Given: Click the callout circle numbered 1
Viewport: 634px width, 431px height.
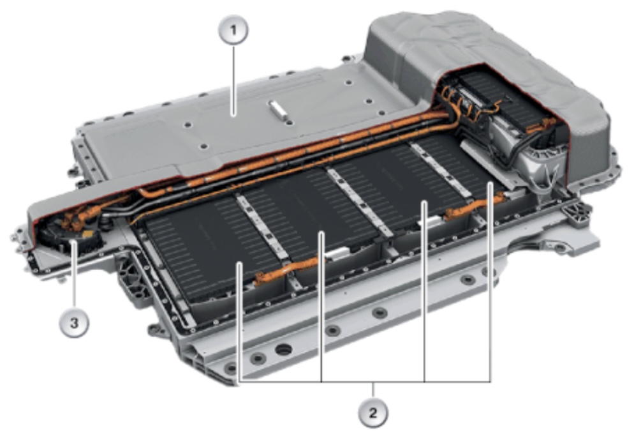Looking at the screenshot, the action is click(x=233, y=29).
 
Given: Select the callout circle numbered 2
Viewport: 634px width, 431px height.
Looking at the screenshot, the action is click(x=372, y=412).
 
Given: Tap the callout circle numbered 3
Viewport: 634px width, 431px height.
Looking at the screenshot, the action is click(x=75, y=323).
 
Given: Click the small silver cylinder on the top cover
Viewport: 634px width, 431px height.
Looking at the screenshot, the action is click(x=278, y=109).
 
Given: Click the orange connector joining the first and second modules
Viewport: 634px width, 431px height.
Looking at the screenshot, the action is click(x=290, y=269).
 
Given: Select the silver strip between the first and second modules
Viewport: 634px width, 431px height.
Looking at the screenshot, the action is click(x=263, y=229).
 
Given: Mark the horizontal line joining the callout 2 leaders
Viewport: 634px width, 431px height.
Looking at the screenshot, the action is click(x=365, y=381).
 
